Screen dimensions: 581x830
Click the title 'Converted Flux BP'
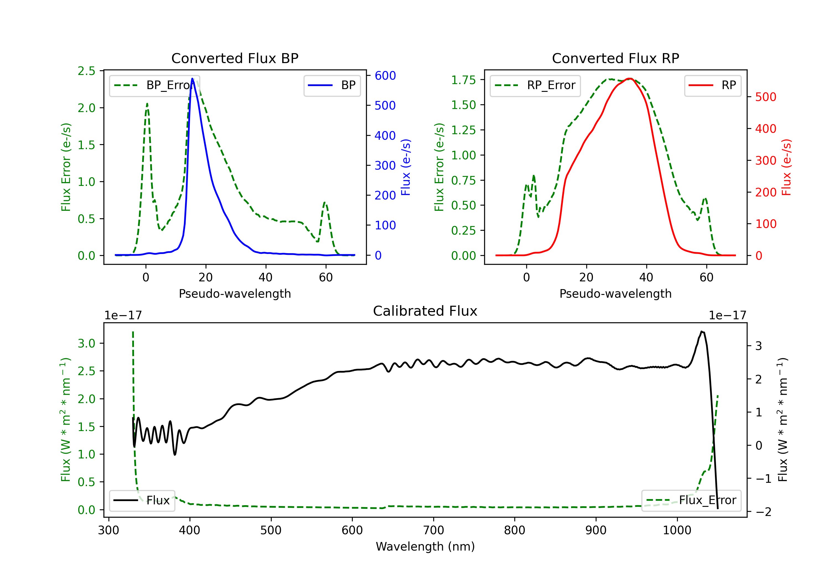(x=235, y=58)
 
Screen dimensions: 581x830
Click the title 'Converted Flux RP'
(x=615, y=58)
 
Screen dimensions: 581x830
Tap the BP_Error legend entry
(x=154, y=85)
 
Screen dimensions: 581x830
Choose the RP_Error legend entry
(x=535, y=85)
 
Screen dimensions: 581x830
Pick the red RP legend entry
(x=712, y=85)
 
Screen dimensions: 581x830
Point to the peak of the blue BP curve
(x=192, y=79)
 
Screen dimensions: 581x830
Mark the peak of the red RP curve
(x=629, y=79)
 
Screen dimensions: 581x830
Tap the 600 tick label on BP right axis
(x=385, y=76)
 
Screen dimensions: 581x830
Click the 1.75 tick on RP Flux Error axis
(x=463, y=80)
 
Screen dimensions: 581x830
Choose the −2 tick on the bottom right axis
(x=763, y=512)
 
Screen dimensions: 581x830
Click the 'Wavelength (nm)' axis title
(x=425, y=546)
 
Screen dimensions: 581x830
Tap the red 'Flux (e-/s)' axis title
(x=786, y=167)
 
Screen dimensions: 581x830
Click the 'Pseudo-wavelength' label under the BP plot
(x=235, y=294)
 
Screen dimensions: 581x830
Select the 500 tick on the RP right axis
(x=766, y=97)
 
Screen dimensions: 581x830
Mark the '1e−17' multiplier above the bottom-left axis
(x=123, y=315)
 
